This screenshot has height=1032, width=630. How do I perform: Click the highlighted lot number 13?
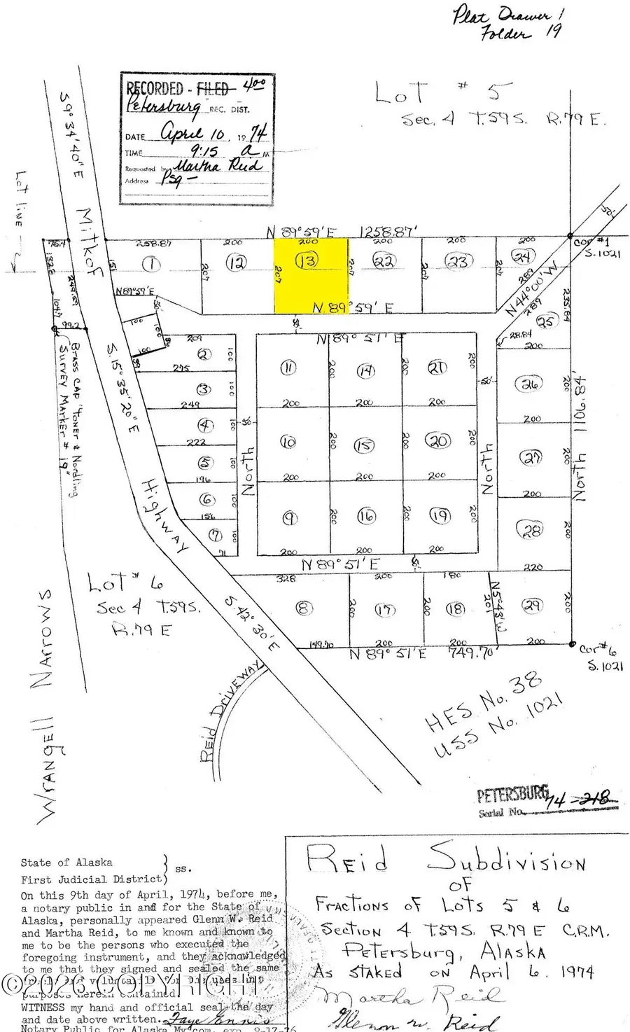click(307, 261)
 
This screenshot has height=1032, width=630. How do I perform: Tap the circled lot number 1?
click(153, 264)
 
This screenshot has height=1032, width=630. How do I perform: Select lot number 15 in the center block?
click(364, 445)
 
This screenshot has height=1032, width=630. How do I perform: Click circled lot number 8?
click(303, 608)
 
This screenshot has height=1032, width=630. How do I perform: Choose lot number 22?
click(384, 261)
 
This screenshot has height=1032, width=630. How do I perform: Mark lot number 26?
click(530, 384)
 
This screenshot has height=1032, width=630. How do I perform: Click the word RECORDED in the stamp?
click(155, 88)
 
